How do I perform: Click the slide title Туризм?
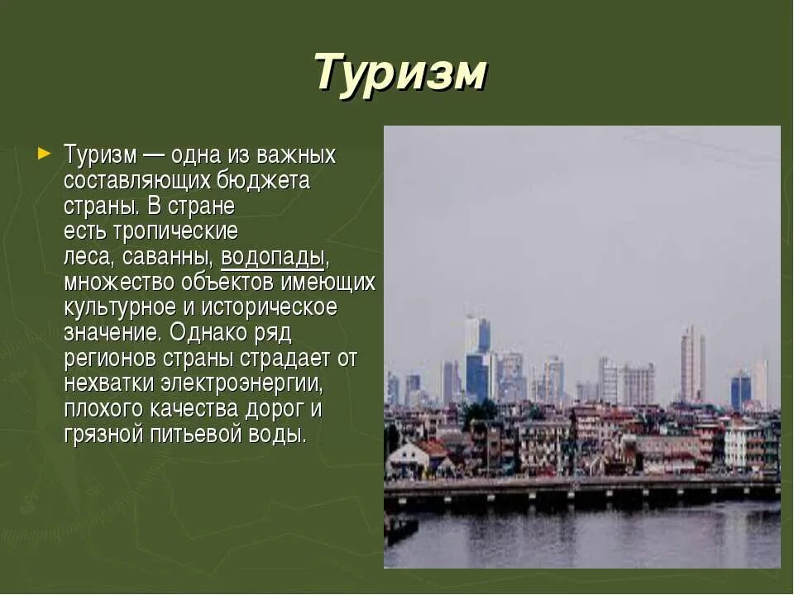[400, 73]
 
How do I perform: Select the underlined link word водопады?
[273, 257]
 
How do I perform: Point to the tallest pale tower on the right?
[692, 364]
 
